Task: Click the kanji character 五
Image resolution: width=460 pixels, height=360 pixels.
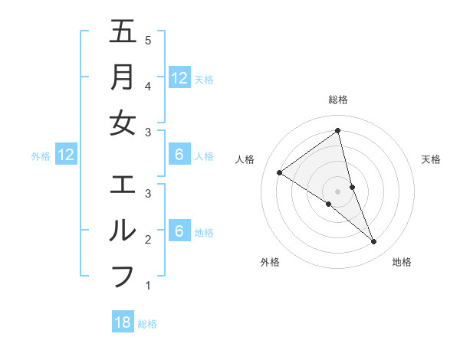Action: tap(123, 31)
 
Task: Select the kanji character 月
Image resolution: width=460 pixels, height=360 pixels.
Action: tap(123, 77)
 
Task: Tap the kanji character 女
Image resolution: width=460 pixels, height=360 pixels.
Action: tap(123, 123)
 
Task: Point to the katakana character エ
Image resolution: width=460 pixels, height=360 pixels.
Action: tap(123, 185)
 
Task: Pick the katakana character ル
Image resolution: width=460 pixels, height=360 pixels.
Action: tap(123, 231)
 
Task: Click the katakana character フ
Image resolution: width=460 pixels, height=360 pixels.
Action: tap(123, 277)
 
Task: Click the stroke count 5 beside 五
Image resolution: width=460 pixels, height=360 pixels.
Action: tap(148, 40)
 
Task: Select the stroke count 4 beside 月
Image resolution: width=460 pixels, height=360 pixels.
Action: tap(148, 86)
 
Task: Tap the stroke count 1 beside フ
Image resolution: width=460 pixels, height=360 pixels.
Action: tap(148, 286)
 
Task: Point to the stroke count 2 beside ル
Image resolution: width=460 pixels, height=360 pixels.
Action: tap(148, 240)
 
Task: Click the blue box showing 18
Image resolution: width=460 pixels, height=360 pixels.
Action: tap(123, 322)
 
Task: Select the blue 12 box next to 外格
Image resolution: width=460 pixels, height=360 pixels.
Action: tap(66, 155)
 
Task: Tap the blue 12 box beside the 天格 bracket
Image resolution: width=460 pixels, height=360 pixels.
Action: tap(179, 77)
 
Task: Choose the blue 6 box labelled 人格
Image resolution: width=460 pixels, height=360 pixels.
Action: tap(179, 155)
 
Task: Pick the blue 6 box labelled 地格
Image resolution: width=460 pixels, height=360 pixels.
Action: tap(179, 231)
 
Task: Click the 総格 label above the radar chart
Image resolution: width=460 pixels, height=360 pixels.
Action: tap(338, 100)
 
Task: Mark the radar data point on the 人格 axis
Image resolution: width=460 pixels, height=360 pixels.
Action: tap(279, 172)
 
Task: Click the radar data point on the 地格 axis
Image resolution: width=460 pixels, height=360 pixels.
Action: tap(373, 241)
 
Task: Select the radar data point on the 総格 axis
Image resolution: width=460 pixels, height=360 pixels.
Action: tap(338, 130)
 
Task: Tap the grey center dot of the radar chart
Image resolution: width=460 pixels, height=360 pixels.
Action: tap(338, 191)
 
